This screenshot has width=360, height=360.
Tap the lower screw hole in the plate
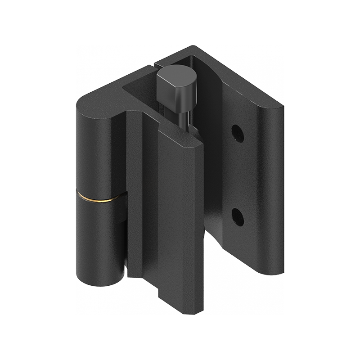pyautogui.click(x=238, y=217)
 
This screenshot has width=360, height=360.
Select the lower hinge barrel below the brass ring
pyautogui.click(x=99, y=238)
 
